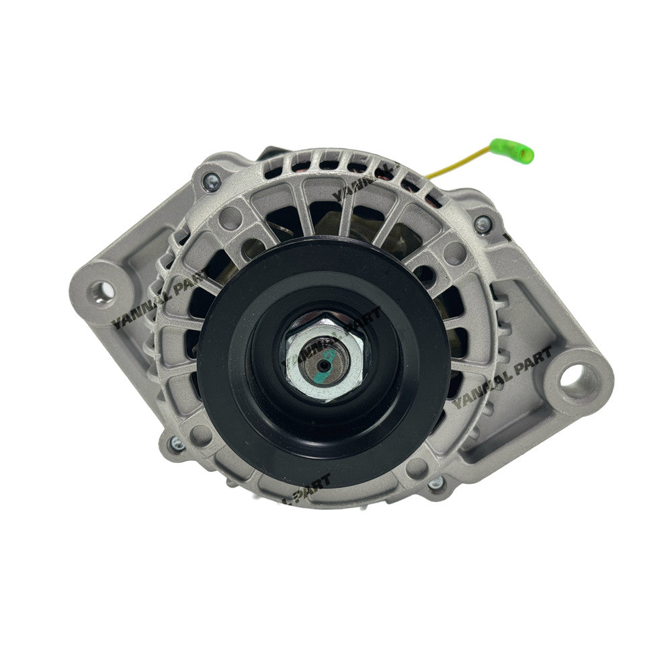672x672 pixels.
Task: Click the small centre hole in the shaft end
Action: tap(324, 364)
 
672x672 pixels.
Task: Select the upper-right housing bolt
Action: tap(482, 224)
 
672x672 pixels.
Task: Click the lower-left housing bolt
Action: tap(177, 443)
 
